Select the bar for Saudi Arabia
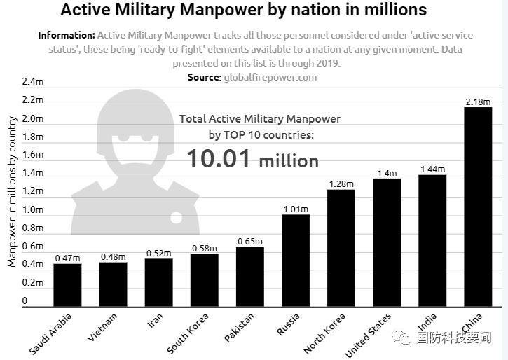coord(67,285)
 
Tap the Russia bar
coord(295,261)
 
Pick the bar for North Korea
coord(341,248)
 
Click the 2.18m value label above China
coord(478,102)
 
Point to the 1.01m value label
coord(295,209)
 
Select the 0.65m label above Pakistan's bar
coord(249,242)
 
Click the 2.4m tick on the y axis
coord(33,82)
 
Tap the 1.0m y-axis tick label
coord(33,209)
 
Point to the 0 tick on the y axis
coord(25,301)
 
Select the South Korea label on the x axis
coord(188,333)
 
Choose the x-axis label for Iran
coord(156,322)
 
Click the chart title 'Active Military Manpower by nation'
coord(243,11)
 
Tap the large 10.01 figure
coord(218,159)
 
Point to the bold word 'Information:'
coord(67,35)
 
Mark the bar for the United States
coord(386,242)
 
